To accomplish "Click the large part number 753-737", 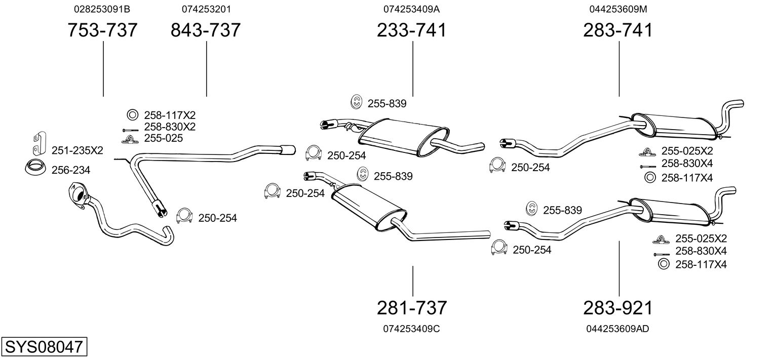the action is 103,30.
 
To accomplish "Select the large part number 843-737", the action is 206,30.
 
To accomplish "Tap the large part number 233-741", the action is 412,30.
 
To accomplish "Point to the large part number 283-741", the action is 618,30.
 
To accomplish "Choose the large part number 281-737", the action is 412,307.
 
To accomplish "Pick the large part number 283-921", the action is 618,307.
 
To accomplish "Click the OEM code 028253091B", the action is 102,9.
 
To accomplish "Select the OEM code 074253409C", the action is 411,329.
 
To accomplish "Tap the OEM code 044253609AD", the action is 617,329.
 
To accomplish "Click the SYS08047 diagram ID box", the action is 44,347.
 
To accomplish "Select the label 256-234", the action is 71,170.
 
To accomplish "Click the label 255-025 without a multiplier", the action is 164,138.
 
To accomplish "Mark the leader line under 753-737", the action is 103,69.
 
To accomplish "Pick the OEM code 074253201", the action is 206,9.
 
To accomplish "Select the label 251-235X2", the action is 77,150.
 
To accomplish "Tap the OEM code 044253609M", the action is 618,9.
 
